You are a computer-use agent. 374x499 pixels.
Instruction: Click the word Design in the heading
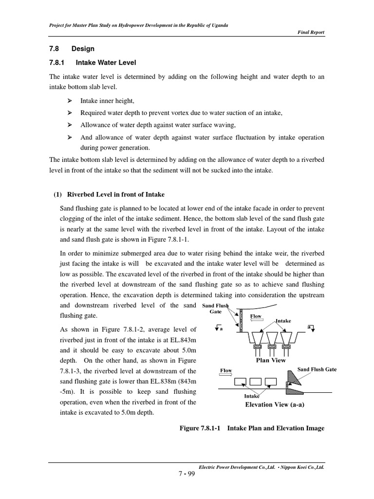[x=83, y=49]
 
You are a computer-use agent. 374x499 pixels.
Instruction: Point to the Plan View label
[x=271, y=361]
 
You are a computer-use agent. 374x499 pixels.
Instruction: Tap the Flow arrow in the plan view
[x=257, y=317]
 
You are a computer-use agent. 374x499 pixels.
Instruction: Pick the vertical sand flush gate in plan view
[x=241, y=322]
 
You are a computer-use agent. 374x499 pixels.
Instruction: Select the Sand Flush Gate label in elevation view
[x=317, y=370]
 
